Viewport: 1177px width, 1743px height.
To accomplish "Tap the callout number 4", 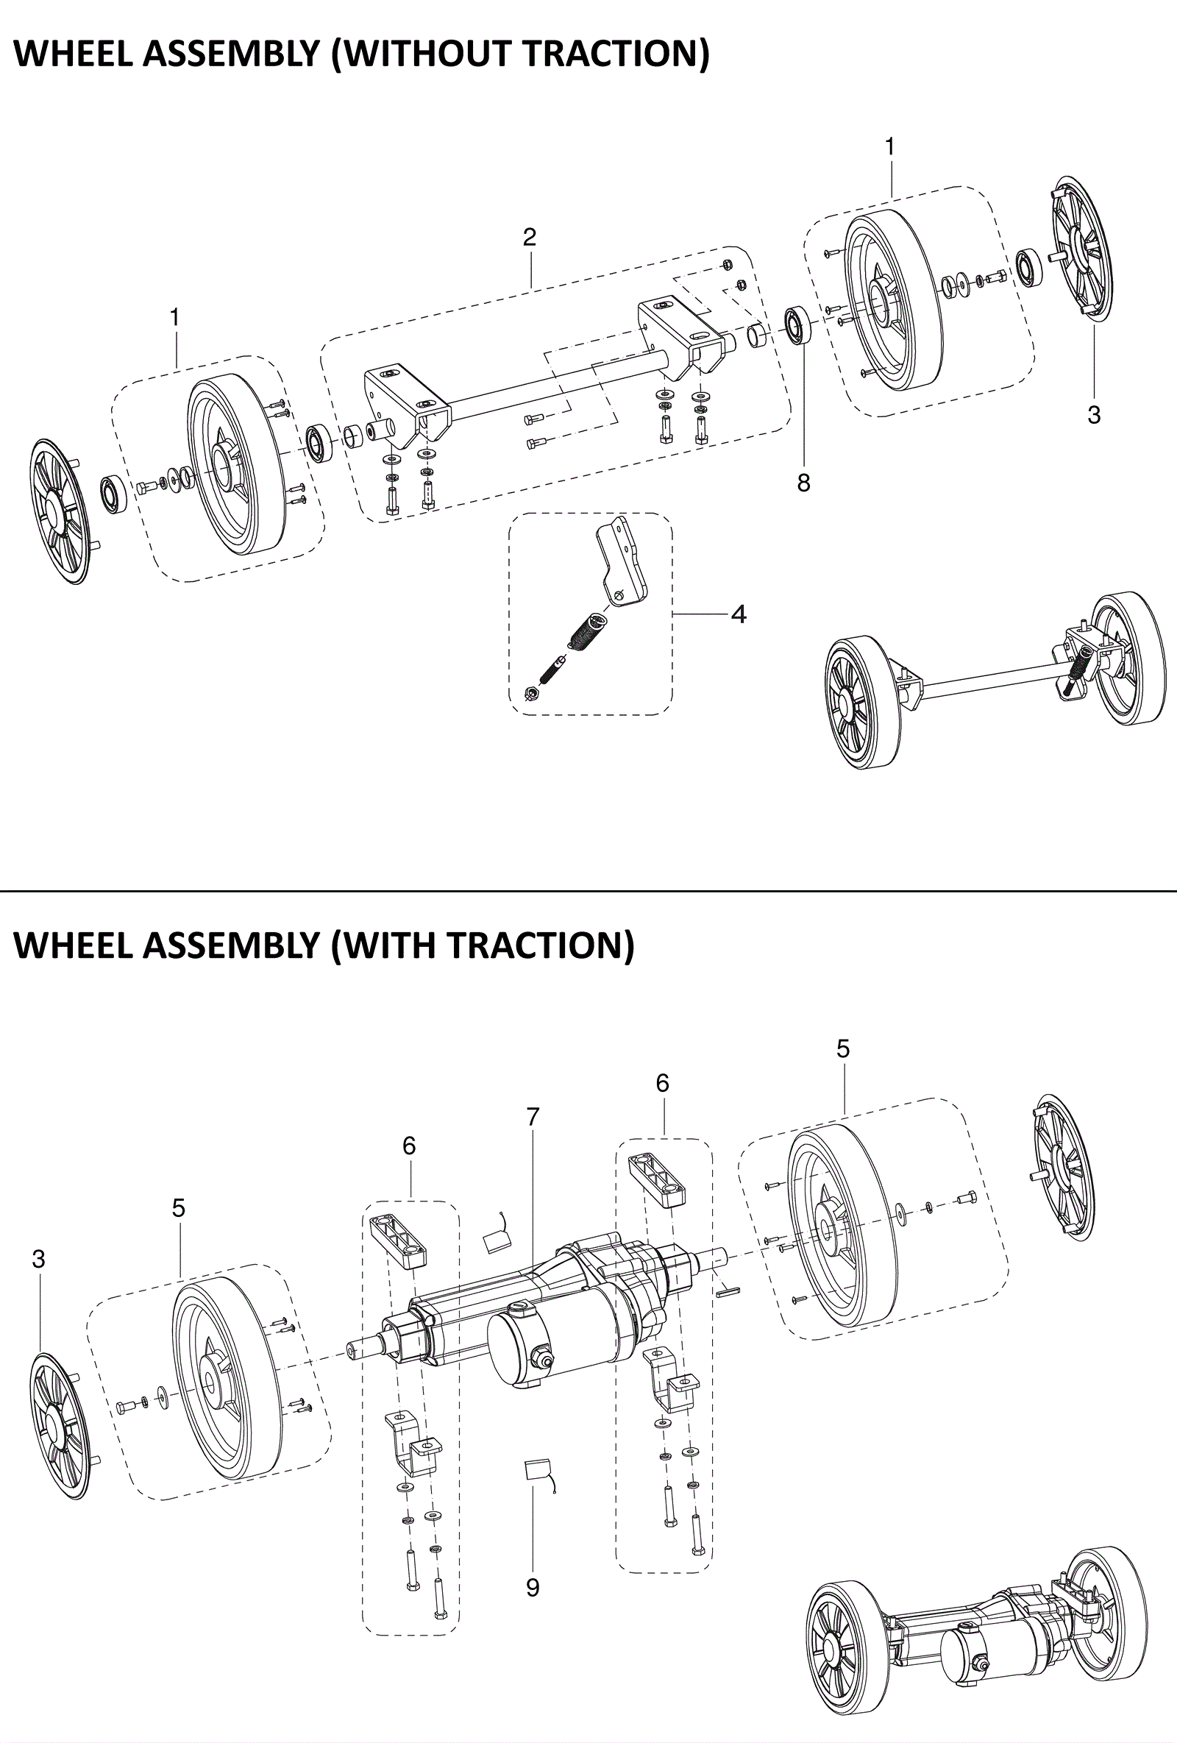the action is [x=739, y=614].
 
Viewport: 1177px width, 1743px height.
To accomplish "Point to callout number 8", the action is [x=803, y=483].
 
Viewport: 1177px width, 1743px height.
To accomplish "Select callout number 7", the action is [x=533, y=1117].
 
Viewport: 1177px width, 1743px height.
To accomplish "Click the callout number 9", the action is [x=533, y=1587].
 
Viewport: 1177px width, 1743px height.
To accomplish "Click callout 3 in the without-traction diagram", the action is [x=1094, y=415].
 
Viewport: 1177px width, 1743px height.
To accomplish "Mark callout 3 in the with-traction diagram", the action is [x=39, y=1260].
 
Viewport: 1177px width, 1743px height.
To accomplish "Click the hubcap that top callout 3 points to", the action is [x=1081, y=251].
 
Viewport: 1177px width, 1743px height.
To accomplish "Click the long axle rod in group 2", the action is [x=558, y=388].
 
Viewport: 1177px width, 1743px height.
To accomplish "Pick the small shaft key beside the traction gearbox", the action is [x=728, y=1290].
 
